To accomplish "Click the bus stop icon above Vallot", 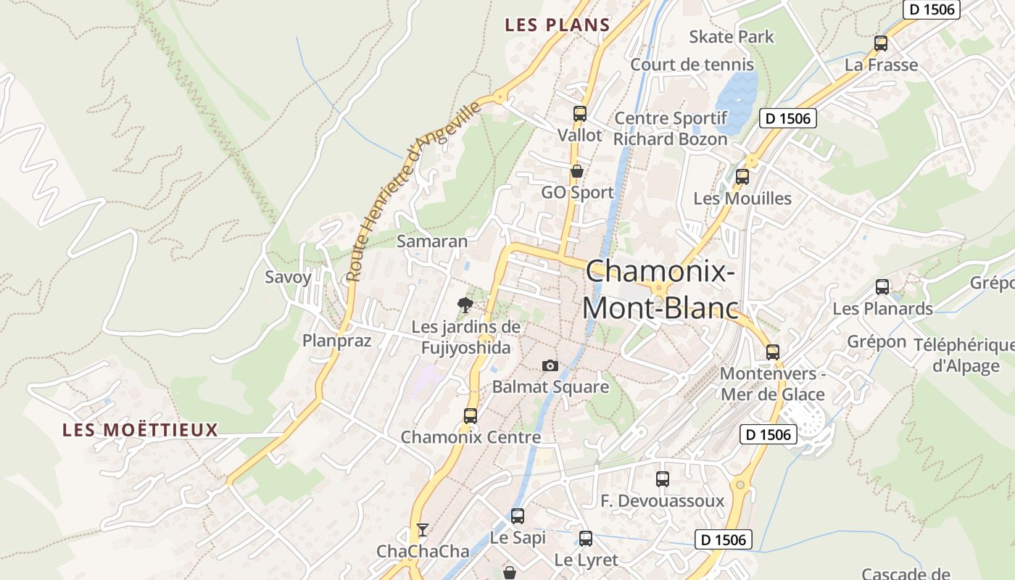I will (579, 113).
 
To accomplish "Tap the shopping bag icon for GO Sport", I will (577, 171).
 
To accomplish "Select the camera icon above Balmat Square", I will (550, 365).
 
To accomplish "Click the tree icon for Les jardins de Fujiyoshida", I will (465, 305).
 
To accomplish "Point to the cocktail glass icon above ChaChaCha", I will (423, 530).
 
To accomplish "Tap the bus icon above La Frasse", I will (881, 43).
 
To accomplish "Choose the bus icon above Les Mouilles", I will (742, 176).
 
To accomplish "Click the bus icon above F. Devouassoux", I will (662, 478).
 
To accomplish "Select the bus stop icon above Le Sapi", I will (517, 515).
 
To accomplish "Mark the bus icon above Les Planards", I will (882, 286).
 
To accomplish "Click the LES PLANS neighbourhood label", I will (558, 25).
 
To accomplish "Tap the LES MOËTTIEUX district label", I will (140, 430).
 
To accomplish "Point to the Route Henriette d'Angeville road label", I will (413, 191).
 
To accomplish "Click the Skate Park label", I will (731, 37).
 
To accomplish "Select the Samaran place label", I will (432, 241).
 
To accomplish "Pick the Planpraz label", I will (336, 341).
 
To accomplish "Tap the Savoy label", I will (288, 277).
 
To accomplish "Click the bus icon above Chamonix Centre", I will (471, 415).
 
